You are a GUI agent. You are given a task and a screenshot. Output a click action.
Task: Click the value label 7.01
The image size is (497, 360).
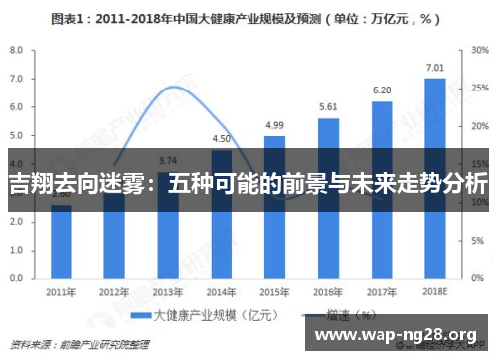435,68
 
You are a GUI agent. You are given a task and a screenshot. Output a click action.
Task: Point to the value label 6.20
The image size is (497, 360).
382,90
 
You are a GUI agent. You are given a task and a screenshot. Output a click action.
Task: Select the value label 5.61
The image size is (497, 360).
328,107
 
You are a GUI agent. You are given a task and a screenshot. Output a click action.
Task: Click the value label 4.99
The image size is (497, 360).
274,125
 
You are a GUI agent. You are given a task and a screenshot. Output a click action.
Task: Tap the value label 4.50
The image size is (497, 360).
222,139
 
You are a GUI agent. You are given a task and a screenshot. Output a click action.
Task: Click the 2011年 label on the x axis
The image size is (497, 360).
61,292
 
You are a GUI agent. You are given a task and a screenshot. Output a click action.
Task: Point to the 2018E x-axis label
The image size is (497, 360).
435,292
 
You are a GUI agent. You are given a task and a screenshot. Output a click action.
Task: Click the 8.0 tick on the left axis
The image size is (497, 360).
17,50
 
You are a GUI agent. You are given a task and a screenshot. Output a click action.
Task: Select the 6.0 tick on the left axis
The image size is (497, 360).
17,107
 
